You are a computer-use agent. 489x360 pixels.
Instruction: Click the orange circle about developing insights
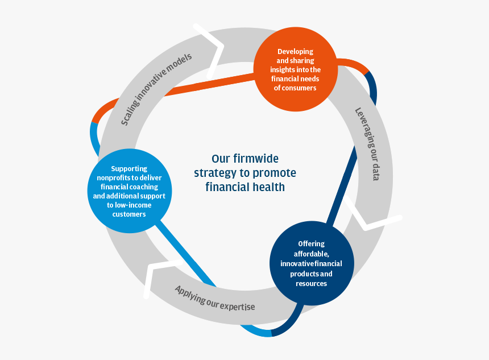pos(295,69)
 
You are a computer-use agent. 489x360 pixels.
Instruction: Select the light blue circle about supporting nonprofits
pos(129,191)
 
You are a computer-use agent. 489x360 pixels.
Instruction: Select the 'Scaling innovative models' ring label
pos(156,89)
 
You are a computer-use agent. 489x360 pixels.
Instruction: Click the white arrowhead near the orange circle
pos(212,48)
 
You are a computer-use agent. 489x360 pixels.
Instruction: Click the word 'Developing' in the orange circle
pos(295,52)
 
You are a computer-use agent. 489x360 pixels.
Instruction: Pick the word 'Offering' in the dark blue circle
pos(311,244)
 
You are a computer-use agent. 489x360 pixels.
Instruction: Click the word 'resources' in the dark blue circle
pos(311,283)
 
